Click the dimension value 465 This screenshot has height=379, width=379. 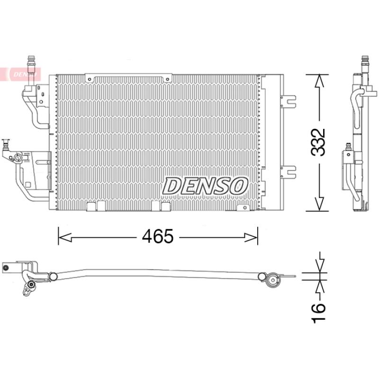tap(158, 236)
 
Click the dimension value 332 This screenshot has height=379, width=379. tap(317, 143)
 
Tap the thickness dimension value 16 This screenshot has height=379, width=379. tap(318, 313)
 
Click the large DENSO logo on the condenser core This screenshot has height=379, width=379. tap(205, 186)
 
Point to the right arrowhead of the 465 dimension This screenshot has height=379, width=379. tap(251, 237)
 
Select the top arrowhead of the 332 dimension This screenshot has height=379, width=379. tap(319, 81)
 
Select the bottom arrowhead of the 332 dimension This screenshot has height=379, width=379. tap(319, 204)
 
